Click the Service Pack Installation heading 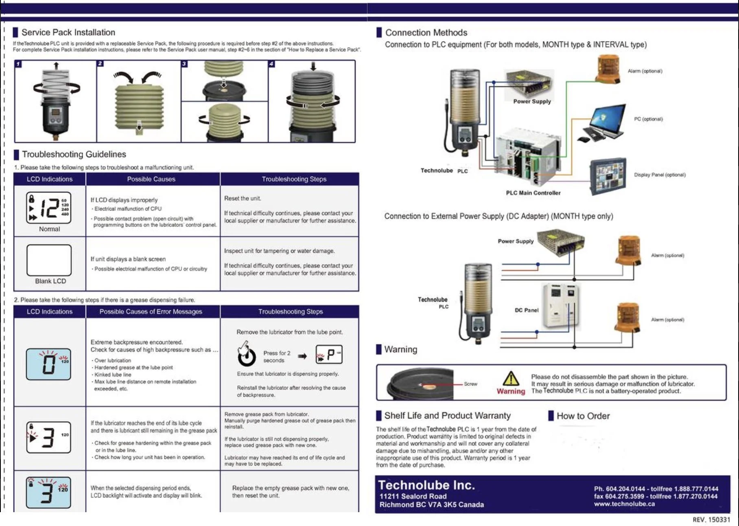coord(68,33)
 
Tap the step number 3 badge coord(184,64)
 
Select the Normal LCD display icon coord(49,208)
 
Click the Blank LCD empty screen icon coord(49,260)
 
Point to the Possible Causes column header coord(151,179)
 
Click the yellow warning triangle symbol coord(510,379)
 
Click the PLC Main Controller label coord(533,193)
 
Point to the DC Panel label coord(526,310)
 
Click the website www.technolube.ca coord(624,504)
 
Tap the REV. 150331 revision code coord(711,519)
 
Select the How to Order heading coord(583,416)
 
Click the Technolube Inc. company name coord(426,485)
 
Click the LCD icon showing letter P coord(329,354)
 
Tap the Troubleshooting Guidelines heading coord(74,154)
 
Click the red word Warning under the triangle coord(511,391)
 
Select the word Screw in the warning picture coord(470,384)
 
